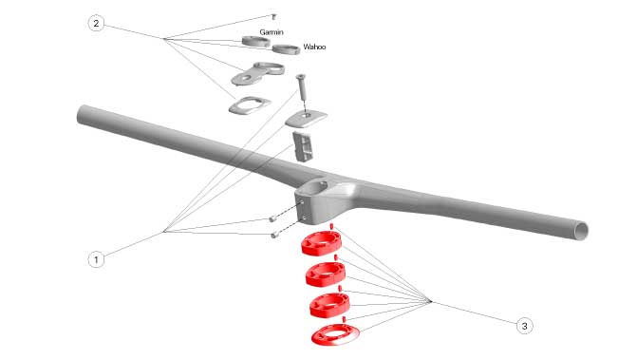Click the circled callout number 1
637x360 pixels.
(96, 259)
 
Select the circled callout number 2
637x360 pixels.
(96, 23)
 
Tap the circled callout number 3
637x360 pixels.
(524, 326)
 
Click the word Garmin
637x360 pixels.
(272, 32)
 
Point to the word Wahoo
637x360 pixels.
(314, 47)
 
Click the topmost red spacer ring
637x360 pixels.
(321, 243)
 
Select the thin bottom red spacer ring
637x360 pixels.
(335, 335)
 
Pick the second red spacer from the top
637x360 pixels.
(326, 275)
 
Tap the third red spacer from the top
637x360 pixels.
(329, 305)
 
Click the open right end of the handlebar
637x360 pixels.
(581, 231)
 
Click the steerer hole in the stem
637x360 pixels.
(316, 187)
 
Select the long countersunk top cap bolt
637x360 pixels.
(301, 87)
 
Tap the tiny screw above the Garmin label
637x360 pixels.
(273, 17)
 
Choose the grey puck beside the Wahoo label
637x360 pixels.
(286, 49)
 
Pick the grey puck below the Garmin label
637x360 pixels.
(256, 41)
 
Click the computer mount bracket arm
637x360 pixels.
(257, 73)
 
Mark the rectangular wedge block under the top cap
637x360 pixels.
(302, 146)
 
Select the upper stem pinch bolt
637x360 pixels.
(272, 219)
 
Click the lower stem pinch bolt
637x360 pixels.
(274, 235)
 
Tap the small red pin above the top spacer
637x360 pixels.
(331, 226)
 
